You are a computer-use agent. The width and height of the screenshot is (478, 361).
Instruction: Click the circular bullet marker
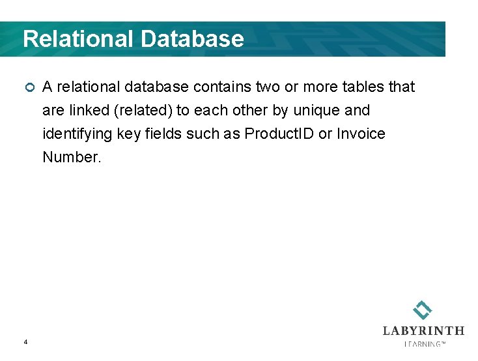click(x=28, y=88)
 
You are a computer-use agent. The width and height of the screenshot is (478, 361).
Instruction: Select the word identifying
click(x=74, y=134)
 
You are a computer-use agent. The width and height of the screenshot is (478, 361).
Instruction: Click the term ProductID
click(x=279, y=134)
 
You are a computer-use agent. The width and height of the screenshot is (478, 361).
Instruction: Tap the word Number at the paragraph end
click(x=72, y=157)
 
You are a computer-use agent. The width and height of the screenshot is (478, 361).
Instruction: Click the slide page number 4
click(x=25, y=341)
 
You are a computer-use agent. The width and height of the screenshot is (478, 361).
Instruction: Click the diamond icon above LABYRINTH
click(x=423, y=310)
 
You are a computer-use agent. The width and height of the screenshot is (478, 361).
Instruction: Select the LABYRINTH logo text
click(x=423, y=330)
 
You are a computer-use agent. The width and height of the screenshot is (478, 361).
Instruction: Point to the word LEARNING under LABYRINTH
click(x=424, y=343)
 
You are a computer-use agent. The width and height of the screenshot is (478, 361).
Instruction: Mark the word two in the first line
click(x=269, y=87)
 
